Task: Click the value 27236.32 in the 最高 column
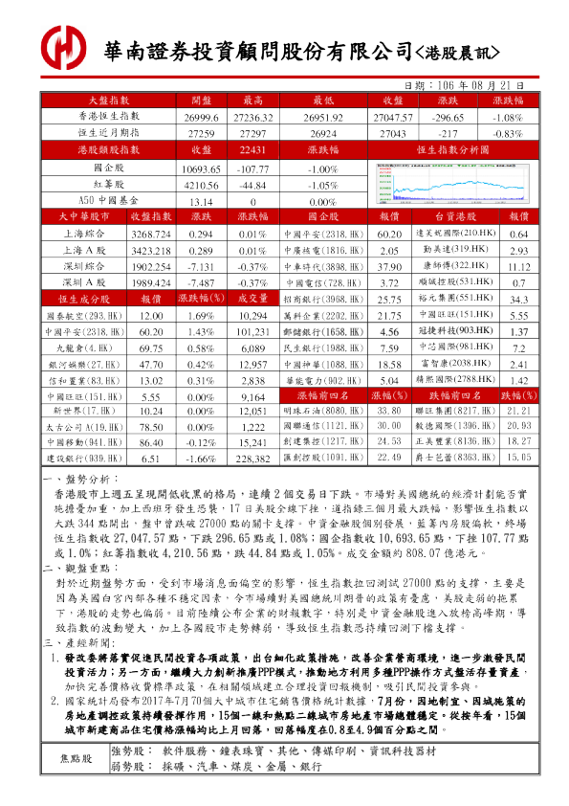(253, 116)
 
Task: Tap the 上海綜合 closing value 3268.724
(150, 234)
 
